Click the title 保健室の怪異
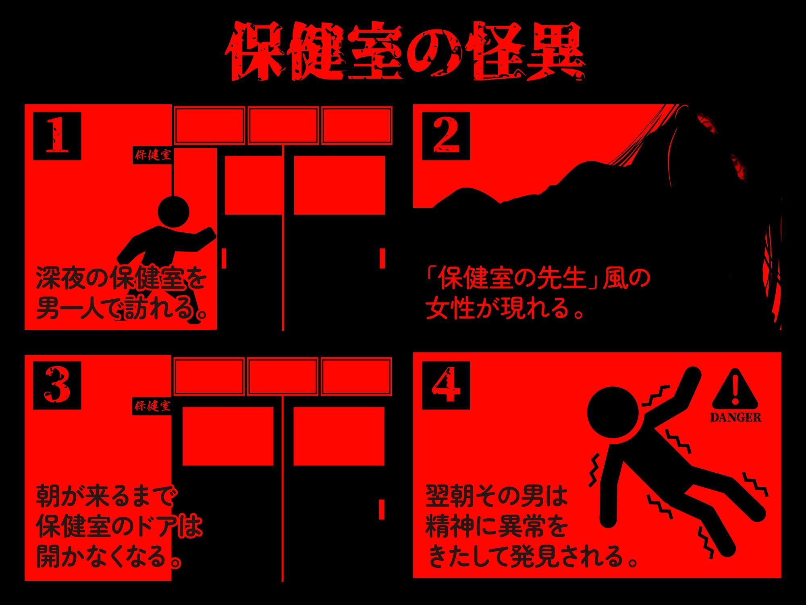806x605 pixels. pyautogui.click(x=405, y=52)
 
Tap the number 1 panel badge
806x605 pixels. pyautogui.click(x=57, y=136)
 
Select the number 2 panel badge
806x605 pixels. pyautogui.click(x=446, y=136)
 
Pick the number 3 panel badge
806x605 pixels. pyautogui.click(x=57, y=385)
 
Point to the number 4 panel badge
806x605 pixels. pyautogui.click(x=446, y=385)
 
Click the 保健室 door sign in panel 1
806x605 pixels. pyautogui.click(x=153, y=154)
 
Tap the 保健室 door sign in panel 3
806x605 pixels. pyautogui.click(x=152, y=406)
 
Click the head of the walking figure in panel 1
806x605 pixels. pyautogui.click(x=173, y=211)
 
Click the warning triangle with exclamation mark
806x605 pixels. pyautogui.click(x=735, y=390)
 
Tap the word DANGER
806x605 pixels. pyautogui.click(x=735, y=417)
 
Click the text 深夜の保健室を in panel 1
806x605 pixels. pyautogui.click(x=121, y=278)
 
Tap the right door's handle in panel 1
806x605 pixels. pyautogui.click(x=382, y=258)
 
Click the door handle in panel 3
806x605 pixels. pyautogui.click(x=381, y=509)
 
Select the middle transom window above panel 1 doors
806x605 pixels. pyautogui.click(x=283, y=125)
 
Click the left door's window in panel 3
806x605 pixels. pyautogui.click(x=228, y=436)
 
